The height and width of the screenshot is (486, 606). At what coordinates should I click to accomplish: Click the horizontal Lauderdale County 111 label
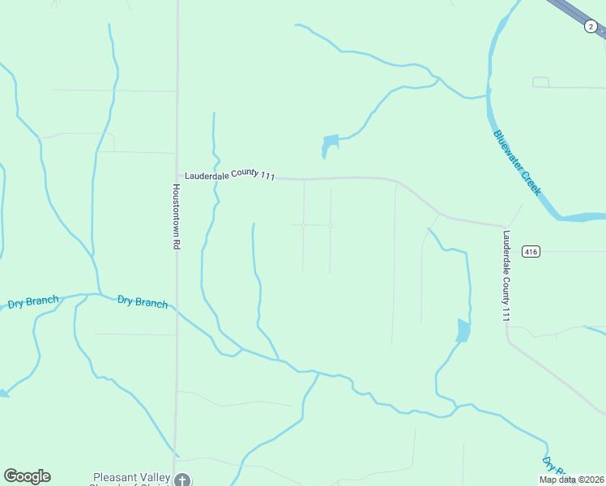231,175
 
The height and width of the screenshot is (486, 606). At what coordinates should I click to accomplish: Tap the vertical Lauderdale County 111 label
506,276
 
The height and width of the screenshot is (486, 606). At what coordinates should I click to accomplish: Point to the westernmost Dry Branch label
33,303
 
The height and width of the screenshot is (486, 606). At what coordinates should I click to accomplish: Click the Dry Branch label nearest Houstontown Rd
143,302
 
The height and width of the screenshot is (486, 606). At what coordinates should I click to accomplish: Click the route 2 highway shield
591,27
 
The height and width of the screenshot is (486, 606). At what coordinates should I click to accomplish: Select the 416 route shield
531,252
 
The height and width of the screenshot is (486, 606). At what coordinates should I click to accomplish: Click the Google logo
27,476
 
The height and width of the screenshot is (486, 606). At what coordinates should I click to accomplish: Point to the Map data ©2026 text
570,480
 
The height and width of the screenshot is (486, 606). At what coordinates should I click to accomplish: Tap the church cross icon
183,480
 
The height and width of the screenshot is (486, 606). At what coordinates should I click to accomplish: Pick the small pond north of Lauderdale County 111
330,144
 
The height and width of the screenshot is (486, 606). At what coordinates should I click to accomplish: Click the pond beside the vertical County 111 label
463,330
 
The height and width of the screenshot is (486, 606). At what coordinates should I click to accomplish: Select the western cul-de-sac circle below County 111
303,224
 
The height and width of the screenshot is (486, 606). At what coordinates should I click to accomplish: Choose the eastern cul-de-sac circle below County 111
331,225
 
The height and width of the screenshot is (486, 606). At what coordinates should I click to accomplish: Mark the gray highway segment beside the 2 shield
570,10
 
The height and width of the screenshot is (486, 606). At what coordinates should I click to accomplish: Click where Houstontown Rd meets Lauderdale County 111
177,175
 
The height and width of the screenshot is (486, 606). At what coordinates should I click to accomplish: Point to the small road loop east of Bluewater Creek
540,82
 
